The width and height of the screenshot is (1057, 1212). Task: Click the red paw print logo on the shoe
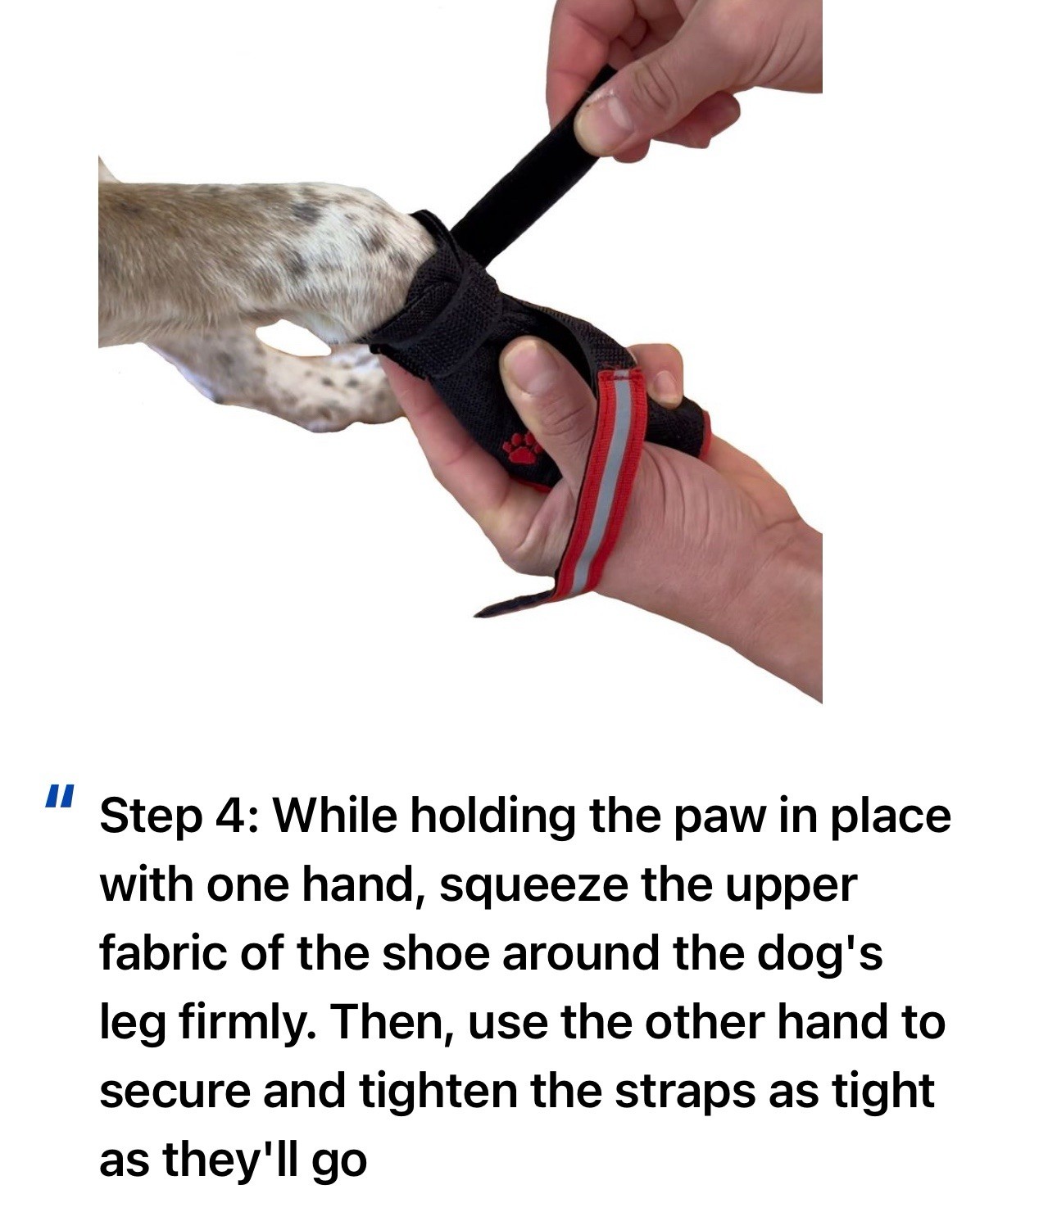click(523, 449)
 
